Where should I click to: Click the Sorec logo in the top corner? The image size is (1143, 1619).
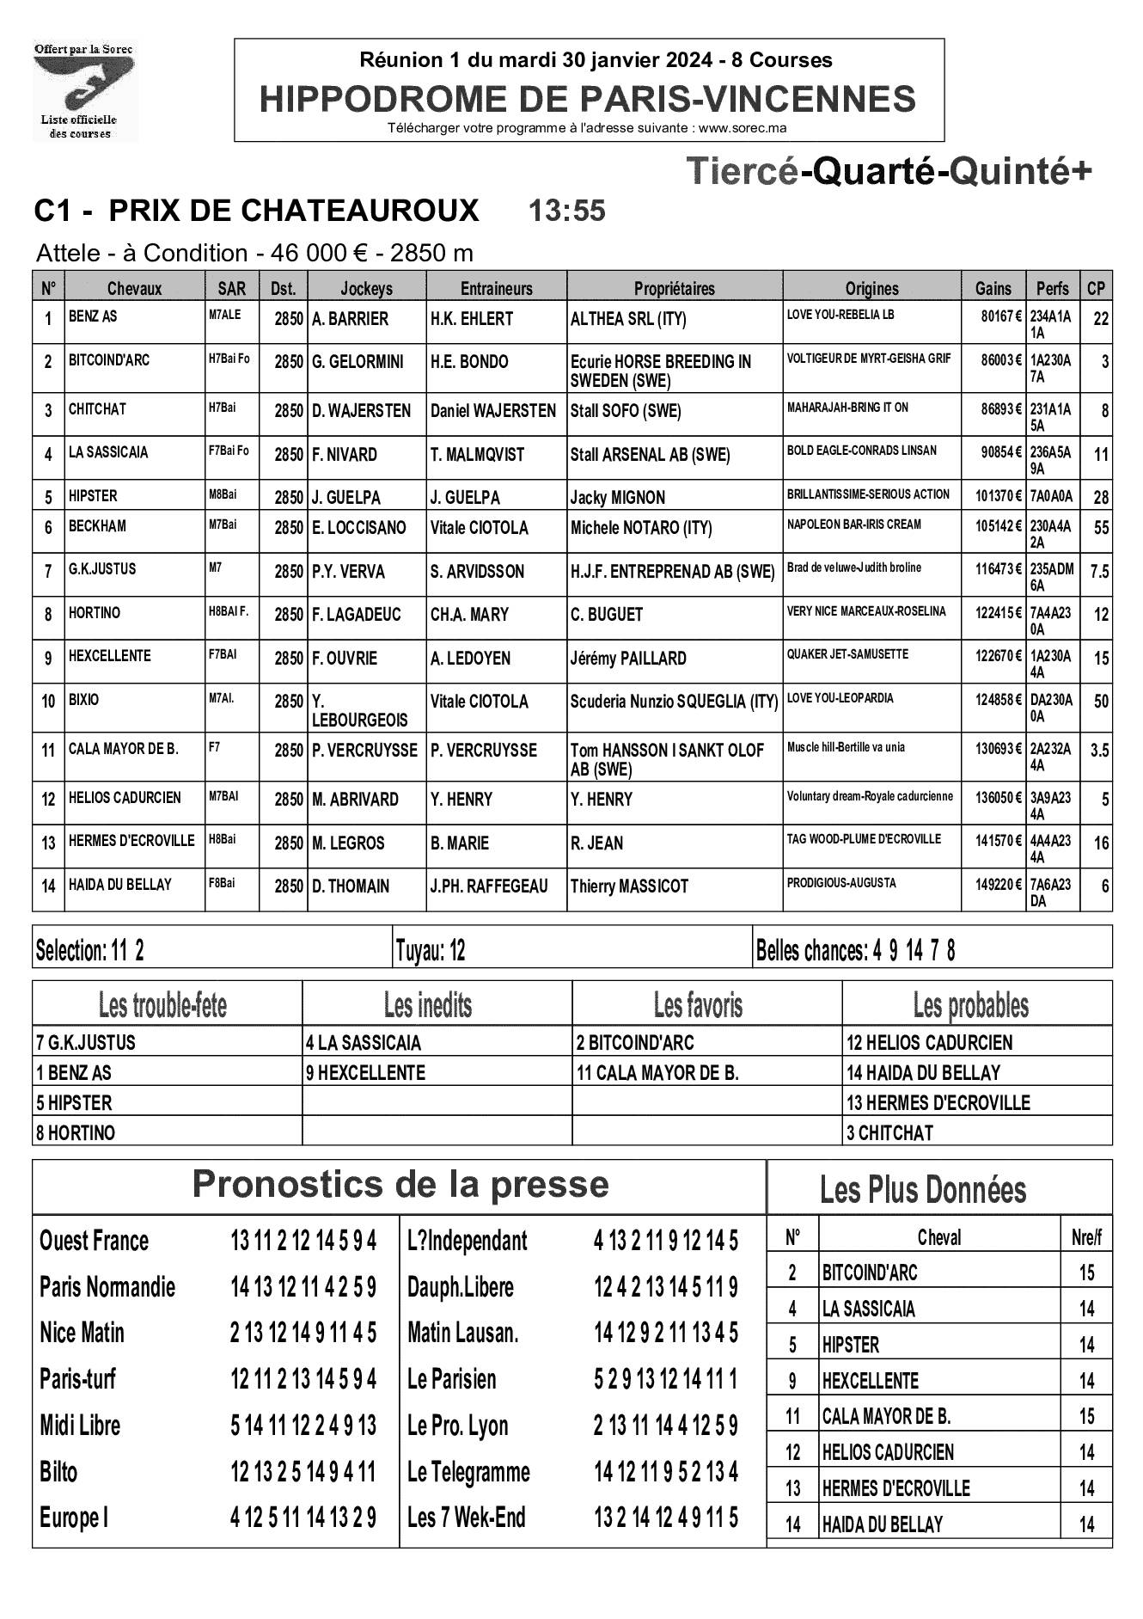(84, 91)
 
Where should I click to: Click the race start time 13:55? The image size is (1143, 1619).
(566, 211)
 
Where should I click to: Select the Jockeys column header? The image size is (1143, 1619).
(366, 289)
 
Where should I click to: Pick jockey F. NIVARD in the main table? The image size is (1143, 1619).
(345, 455)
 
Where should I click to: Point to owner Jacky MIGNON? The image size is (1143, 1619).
(617, 498)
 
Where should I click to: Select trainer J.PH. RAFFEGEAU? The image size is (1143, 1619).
(489, 886)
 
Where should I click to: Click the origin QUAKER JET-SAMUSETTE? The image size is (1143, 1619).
(847, 654)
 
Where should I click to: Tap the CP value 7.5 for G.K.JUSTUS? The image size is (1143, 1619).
(1099, 572)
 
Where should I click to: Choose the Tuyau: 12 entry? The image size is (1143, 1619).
(431, 951)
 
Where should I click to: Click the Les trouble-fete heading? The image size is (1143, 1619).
(163, 1004)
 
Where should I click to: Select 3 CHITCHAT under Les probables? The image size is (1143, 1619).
(889, 1133)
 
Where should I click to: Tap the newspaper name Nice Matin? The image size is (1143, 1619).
(82, 1334)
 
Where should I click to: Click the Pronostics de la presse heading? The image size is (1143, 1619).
(400, 1185)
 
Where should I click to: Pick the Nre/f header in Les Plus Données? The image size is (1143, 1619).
(1086, 1238)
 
